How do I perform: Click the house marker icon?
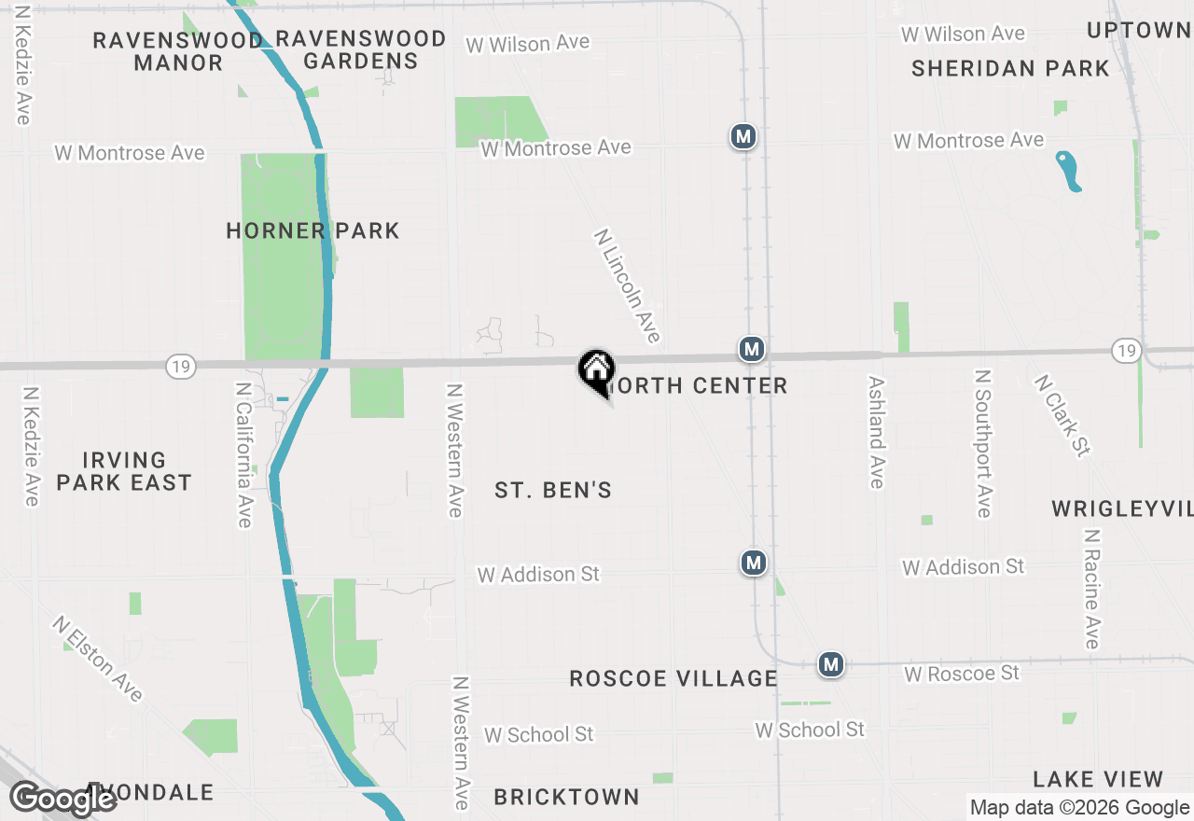click(x=596, y=369)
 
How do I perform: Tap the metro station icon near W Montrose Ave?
click(x=743, y=137)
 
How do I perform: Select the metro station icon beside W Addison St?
click(x=754, y=563)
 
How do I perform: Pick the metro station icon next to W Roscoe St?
click(x=831, y=664)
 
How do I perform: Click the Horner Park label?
click(x=312, y=230)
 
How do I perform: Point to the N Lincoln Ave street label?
click(x=627, y=285)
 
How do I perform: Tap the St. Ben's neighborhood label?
click(x=553, y=490)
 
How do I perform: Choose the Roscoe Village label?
click(x=673, y=678)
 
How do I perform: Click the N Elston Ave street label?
click(x=98, y=659)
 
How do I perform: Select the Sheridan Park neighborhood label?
click(x=1010, y=68)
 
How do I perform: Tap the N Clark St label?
click(x=1062, y=416)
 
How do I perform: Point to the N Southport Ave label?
click(x=982, y=442)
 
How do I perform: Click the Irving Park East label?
click(x=124, y=471)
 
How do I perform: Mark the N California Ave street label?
click(x=243, y=454)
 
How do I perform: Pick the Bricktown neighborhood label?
click(x=566, y=797)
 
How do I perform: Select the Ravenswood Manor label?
click(x=178, y=51)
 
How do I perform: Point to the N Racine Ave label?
click(x=1091, y=589)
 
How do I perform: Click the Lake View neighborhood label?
click(x=1098, y=779)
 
